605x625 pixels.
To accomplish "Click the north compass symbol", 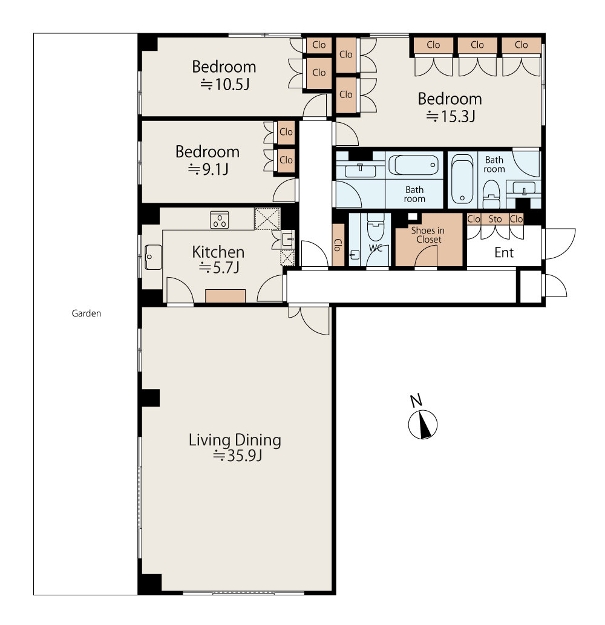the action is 422,424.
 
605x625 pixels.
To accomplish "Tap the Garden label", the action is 86,313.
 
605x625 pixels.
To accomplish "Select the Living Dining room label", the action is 235,440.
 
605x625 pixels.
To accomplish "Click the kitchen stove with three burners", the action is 219,220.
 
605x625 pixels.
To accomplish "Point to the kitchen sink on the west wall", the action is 153,257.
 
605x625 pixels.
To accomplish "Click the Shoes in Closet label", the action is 428,235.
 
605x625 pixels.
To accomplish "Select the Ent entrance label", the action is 504,252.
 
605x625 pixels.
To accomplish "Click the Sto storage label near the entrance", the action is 495,219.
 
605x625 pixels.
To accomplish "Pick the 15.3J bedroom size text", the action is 450,116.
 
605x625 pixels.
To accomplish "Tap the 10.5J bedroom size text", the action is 225,85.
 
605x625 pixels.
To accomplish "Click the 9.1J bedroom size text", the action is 208,169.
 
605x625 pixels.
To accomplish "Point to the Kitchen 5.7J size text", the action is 219,267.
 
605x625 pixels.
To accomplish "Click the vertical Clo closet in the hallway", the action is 338,244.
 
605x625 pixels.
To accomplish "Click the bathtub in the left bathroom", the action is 414,165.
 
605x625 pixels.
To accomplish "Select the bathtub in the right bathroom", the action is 462,179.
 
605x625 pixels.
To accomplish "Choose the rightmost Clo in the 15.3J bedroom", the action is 522,45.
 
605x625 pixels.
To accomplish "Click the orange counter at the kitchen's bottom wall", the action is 225,296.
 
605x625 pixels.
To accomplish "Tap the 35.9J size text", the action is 238,455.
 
